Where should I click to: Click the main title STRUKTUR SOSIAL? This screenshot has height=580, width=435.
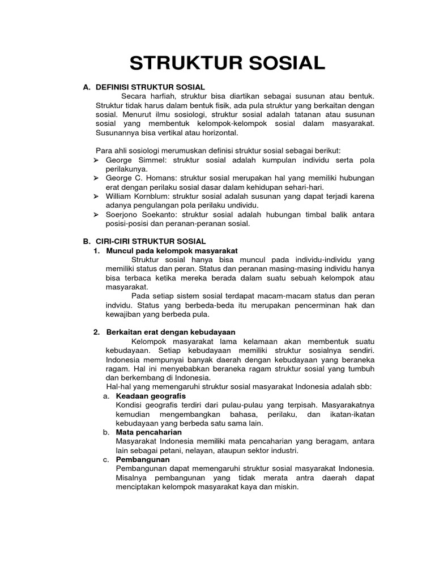pos(227,63)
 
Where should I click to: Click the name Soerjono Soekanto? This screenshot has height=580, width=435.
pos(138,215)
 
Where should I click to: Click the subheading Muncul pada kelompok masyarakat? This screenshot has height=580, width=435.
pos(172,250)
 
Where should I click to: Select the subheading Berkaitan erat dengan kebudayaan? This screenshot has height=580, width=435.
pos(170,332)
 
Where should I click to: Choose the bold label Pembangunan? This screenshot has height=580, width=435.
pos(143,459)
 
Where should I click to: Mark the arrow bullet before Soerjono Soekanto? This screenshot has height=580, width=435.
pos(97,215)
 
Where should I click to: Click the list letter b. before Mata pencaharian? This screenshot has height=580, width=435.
pos(106,432)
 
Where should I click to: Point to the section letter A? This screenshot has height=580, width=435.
pos(87,87)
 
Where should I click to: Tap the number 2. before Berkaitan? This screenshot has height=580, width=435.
pos(97,332)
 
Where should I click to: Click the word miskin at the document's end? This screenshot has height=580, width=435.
pos(286,487)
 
